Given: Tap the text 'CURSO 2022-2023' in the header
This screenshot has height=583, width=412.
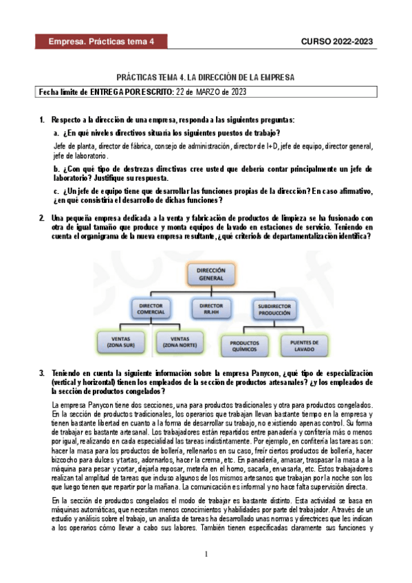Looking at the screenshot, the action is coord(337,42).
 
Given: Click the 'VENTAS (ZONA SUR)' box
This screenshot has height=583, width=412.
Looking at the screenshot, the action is coord(124,342).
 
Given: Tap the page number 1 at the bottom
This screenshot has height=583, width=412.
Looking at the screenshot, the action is coord(206,554).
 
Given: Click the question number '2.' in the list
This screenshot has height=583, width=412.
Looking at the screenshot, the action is coord(43,218).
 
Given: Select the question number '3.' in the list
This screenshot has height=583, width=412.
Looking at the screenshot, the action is coord(43,372).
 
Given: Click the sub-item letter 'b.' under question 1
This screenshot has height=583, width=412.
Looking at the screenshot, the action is coord(57,168).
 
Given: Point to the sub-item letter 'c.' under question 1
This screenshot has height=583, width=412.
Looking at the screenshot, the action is coord(57,190).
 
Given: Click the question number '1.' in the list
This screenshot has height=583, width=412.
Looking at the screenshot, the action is coord(43,120).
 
